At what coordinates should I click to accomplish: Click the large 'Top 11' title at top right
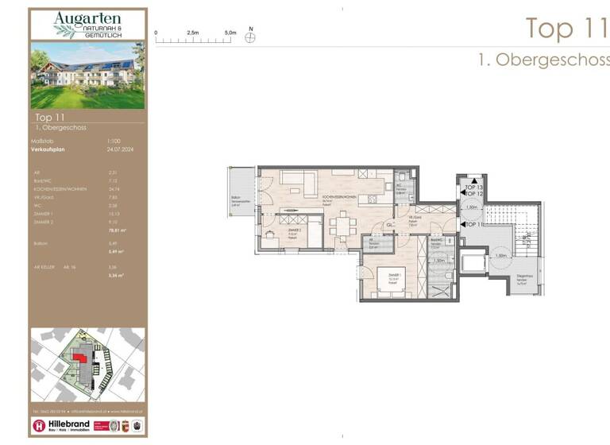tap(560, 28)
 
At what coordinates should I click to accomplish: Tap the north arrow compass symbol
tap(251, 37)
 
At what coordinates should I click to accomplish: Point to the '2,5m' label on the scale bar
tap(193, 33)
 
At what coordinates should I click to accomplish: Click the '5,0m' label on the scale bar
tap(230, 33)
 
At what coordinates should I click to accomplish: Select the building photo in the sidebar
tap(87, 75)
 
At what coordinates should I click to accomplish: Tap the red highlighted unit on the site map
tap(79, 357)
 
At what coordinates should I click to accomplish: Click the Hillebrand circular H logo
tap(38, 426)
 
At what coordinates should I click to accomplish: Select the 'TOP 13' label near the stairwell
tap(474, 187)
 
